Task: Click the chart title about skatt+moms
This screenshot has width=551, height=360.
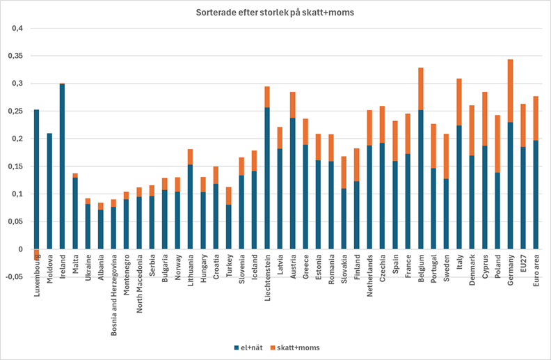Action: pyautogui.click(x=275, y=13)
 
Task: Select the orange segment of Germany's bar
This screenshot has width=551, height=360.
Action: pyautogui.click(x=511, y=91)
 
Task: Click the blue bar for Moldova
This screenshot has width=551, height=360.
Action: pyautogui.click(x=49, y=191)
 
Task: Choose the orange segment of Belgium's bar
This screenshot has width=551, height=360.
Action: pyautogui.click(x=421, y=88)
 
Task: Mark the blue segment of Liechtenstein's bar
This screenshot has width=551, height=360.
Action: pyautogui.click(x=266, y=178)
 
